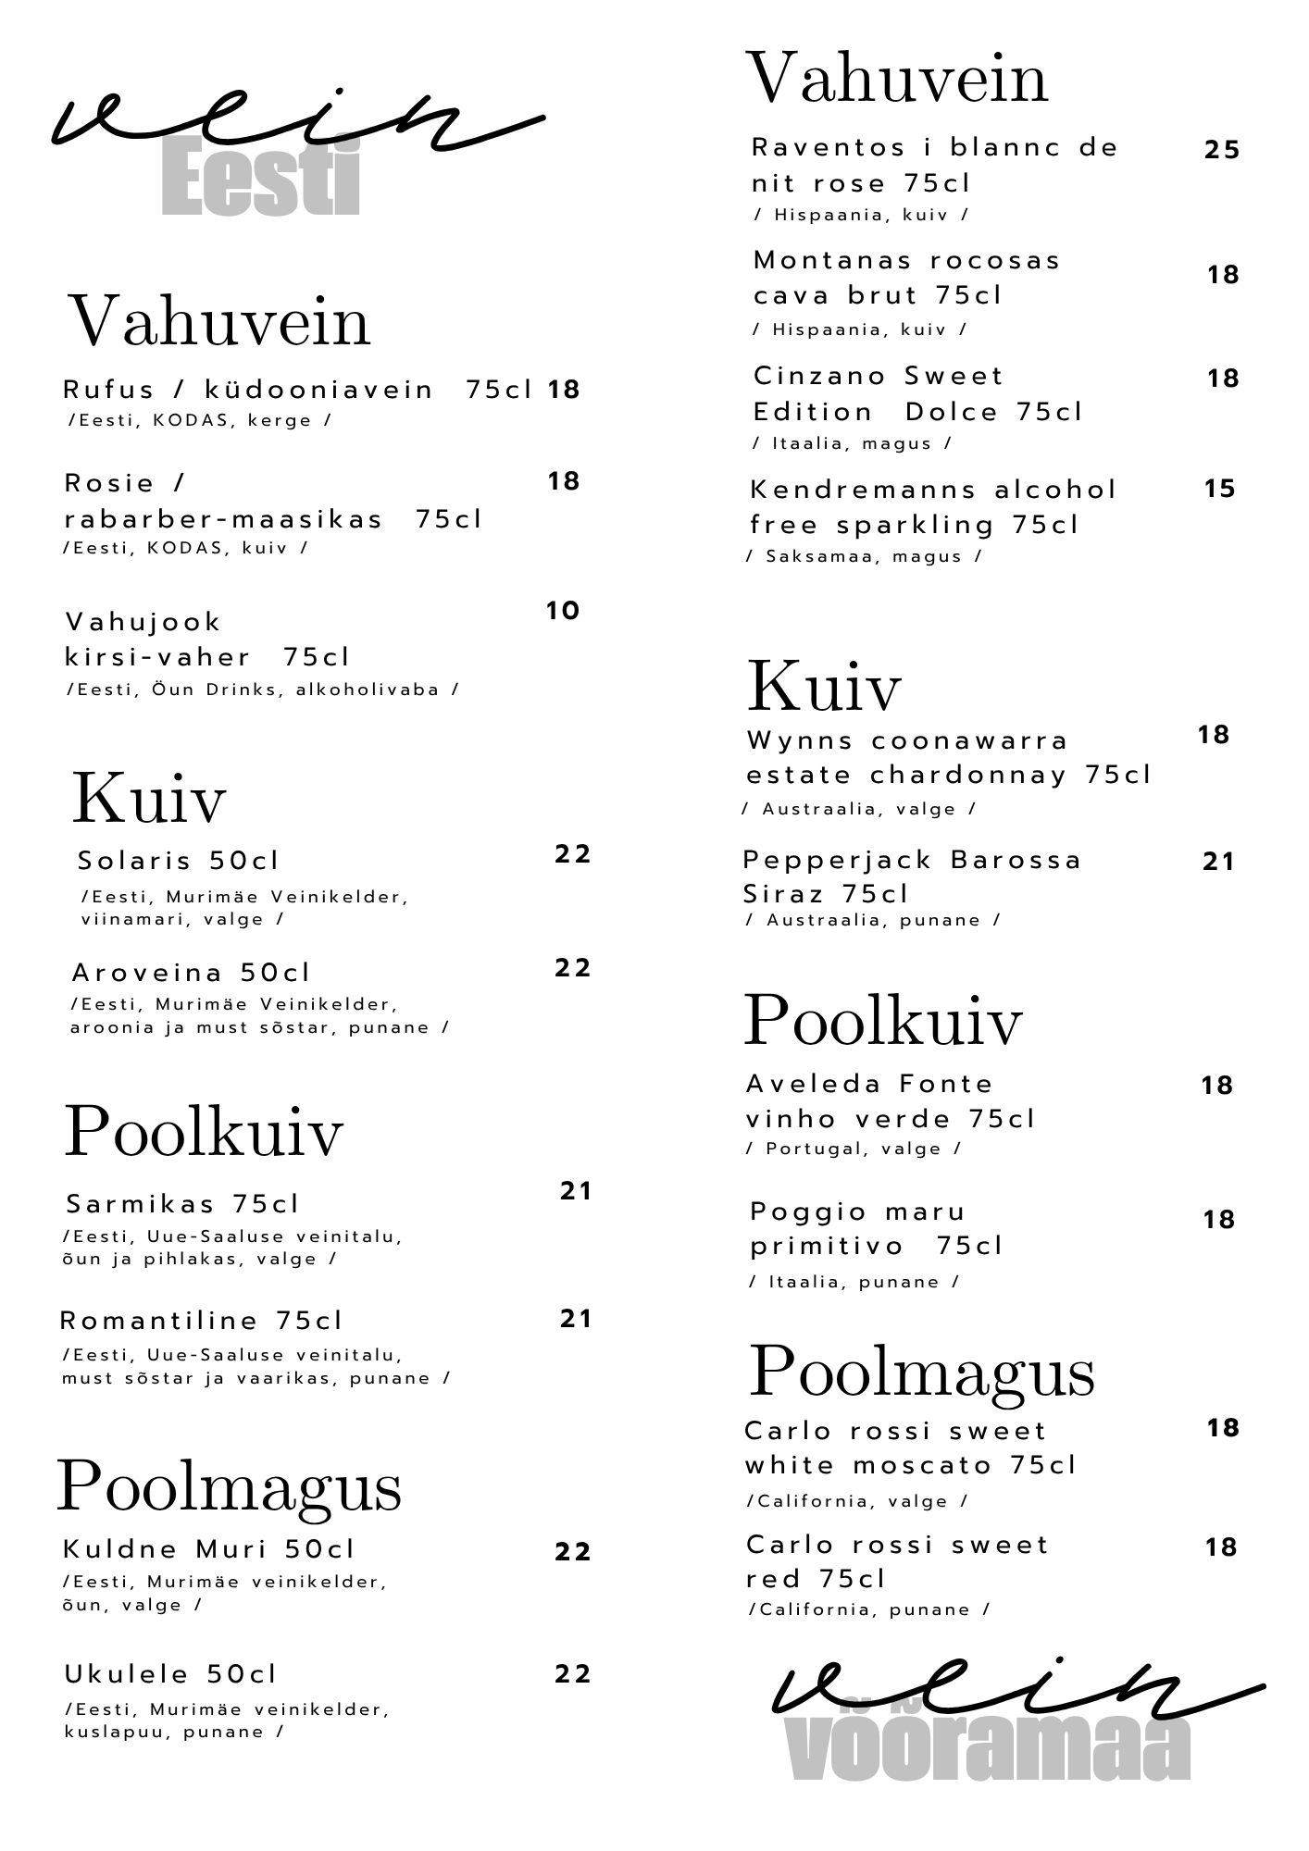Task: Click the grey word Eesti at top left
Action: point(260,176)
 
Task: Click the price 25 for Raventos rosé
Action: point(1221,150)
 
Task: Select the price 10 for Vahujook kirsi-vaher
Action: point(562,611)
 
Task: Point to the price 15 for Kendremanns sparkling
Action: point(1219,489)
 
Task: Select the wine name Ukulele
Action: point(127,1674)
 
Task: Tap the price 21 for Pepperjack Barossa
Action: point(1218,862)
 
